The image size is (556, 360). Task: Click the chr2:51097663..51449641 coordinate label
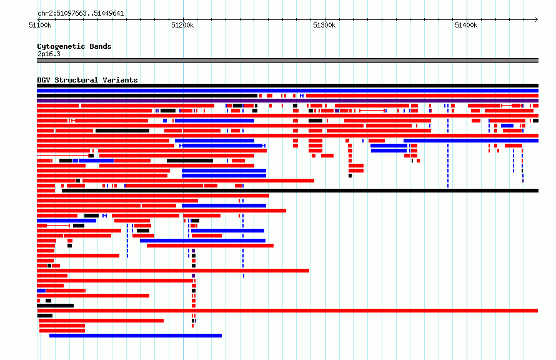click(81, 14)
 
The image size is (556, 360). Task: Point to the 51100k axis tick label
click(40, 25)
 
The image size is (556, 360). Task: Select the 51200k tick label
click(182, 25)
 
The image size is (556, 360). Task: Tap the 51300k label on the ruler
click(324, 25)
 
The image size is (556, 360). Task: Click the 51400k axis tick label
click(466, 25)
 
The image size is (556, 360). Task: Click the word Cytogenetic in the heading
click(61, 46)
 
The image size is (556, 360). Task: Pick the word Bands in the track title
click(101, 46)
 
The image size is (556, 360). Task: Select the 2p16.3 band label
click(49, 54)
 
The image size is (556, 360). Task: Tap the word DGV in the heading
click(44, 80)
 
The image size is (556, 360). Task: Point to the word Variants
click(120, 80)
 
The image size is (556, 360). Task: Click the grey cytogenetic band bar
click(287, 61)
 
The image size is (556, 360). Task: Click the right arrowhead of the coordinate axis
click(537, 19)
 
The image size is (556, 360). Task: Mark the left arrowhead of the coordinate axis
click(39, 19)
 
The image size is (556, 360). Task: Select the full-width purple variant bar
click(287, 101)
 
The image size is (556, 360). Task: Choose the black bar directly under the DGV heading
click(287, 86)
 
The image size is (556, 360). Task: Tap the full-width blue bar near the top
click(287, 91)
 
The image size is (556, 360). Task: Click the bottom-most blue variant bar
click(136, 336)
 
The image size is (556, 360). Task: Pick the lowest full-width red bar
click(287, 311)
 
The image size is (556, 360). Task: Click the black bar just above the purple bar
click(147, 96)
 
